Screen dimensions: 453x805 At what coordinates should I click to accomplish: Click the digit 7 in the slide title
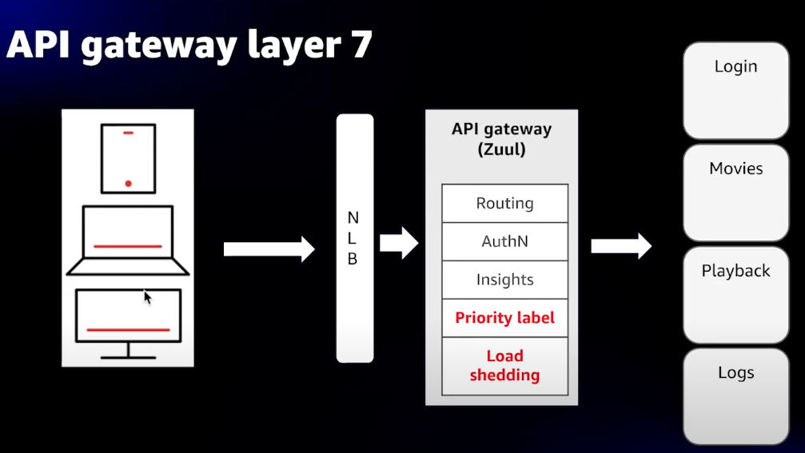(359, 45)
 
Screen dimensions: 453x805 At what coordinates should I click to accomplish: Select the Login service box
(735, 90)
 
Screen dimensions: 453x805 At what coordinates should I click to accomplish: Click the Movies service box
(735, 193)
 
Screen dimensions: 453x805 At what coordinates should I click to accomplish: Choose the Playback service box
(735, 295)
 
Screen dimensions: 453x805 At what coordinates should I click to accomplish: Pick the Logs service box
(735, 396)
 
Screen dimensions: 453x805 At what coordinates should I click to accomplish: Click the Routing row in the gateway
(504, 203)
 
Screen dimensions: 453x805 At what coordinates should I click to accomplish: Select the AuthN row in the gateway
(504, 241)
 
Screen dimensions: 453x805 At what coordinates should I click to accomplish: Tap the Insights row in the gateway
(504, 280)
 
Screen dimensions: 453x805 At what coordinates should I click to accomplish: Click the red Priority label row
(504, 318)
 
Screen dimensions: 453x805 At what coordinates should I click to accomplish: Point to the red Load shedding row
(504, 366)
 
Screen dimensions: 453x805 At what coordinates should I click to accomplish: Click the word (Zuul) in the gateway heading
(501, 149)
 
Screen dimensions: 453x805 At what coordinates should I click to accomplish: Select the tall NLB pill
(354, 238)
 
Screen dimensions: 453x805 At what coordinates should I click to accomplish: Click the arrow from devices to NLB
(269, 248)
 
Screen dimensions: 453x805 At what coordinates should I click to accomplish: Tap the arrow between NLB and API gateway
(399, 243)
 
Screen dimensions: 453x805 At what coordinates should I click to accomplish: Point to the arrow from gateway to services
(620, 245)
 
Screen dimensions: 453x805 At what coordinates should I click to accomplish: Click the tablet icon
(128, 158)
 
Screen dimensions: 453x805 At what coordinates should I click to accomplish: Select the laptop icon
(128, 240)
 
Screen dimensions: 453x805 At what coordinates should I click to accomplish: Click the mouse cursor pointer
(147, 296)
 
